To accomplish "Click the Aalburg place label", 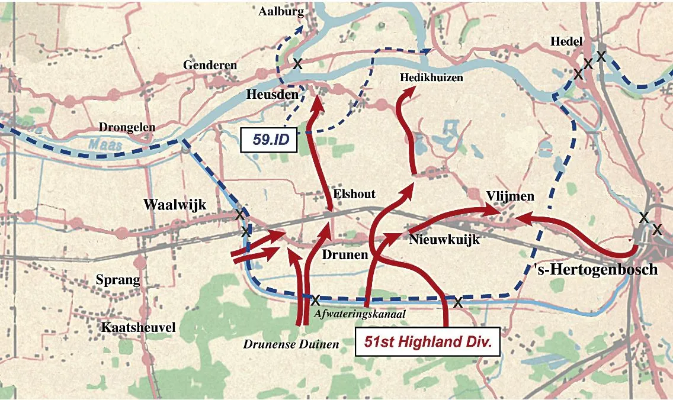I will coord(281,12).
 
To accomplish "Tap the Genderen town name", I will coord(210,65).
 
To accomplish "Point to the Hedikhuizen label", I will coord(431,78).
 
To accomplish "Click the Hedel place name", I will coord(566,41).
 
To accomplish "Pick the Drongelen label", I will coord(127,127).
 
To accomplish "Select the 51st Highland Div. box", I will coord(427,342).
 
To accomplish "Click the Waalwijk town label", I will coord(175,205).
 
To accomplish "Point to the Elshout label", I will coord(354,193).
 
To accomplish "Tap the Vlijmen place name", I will coord(510,196).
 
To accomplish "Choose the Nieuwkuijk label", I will coord(444,240).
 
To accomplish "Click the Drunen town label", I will coord(345,254).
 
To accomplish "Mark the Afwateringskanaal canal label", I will coord(360,314).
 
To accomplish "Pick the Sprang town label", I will coord(118,280).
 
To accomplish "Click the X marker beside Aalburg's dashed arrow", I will coord(297,63).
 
